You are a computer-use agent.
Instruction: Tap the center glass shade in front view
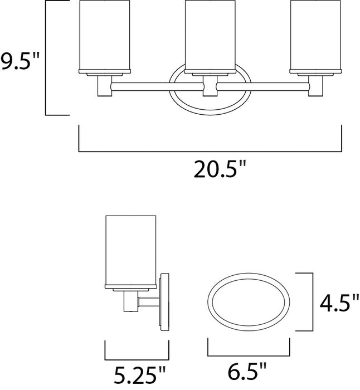click(209, 36)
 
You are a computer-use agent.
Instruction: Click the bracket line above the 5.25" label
click(137, 356)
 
